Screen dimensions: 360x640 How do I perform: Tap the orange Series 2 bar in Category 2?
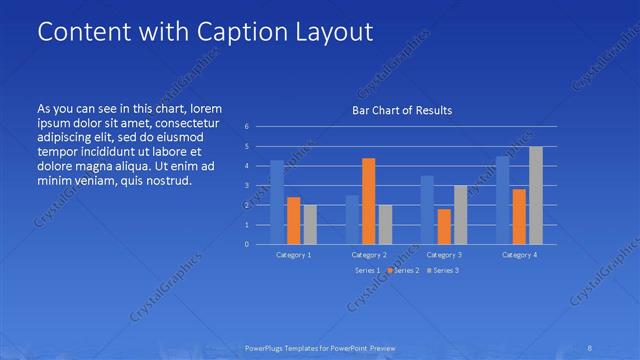[x=368, y=201]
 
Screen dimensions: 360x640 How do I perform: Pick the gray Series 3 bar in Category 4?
[x=536, y=195]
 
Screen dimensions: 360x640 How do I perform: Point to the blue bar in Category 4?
[x=502, y=200]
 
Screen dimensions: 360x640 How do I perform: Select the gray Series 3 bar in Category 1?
[x=310, y=224]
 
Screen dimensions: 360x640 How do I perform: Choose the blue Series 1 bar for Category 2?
[x=352, y=219]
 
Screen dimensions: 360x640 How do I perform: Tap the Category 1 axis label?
[x=294, y=255]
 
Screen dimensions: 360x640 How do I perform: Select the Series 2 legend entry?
[x=404, y=270]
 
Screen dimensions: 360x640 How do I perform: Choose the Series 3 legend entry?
[x=443, y=270]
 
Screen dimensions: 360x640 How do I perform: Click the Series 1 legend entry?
[x=367, y=270]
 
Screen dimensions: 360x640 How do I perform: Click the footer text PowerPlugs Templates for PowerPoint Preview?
[x=320, y=348]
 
